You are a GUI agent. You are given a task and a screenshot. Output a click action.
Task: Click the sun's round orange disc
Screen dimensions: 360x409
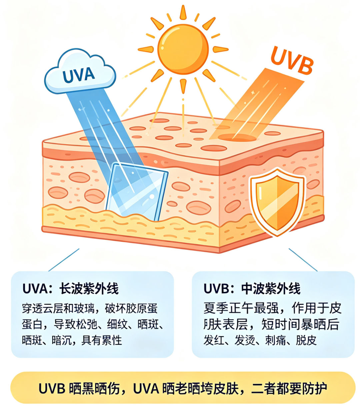point(183,49)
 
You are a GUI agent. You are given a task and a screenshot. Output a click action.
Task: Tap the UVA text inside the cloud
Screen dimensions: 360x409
point(79,75)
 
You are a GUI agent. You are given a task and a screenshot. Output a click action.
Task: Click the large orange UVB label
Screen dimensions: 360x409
point(292,61)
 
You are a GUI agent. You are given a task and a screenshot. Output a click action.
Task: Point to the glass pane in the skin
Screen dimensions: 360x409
point(137,192)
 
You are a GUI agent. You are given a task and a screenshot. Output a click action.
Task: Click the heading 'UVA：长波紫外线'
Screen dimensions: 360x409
point(70,289)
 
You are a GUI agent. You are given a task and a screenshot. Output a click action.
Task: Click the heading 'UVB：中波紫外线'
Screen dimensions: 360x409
point(252,289)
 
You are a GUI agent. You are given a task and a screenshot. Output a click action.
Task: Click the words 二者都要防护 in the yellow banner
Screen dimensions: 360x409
point(289,388)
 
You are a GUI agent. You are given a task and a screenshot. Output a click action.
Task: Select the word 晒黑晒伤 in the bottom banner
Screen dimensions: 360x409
point(94,388)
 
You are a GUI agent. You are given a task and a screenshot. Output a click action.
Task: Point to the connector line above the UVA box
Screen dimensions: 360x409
point(64,260)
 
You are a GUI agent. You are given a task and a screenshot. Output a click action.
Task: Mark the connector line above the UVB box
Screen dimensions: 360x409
point(303,260)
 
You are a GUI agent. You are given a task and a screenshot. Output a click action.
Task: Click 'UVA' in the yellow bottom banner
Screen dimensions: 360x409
point(146,388)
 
